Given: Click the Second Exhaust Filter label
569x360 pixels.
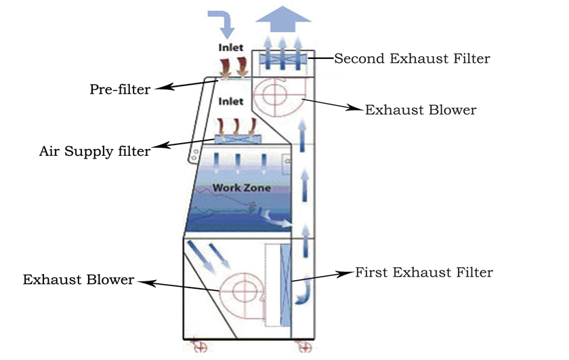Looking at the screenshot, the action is [x=412, y=58].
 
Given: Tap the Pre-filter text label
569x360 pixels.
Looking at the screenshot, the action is [x=120, y=89].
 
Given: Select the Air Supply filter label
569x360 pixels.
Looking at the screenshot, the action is [x=95, y=151].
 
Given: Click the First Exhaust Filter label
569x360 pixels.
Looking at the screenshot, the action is [x=424, y=272].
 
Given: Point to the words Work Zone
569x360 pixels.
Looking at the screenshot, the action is [x=242, y=188].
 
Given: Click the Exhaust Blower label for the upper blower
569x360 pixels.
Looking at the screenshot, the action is [x=421, y=110].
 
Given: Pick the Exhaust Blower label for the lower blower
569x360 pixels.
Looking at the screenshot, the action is [x=79, y=279].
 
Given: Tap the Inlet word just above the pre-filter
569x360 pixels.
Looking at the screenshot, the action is [x=231, y=47].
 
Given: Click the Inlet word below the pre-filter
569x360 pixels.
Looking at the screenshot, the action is [x=231, y=101].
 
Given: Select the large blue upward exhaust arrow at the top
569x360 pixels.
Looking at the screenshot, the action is [x=283, y=19].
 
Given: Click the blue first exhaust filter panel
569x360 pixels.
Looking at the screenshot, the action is [x=286, y=285].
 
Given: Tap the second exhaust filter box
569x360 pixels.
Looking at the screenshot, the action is [x=283, y=59].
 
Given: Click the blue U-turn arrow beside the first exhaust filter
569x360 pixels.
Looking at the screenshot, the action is [x=303, y=292].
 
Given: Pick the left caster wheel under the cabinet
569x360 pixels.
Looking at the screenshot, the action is [x=199, y=346].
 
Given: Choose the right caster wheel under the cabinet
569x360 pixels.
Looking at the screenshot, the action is [x=303, y=346].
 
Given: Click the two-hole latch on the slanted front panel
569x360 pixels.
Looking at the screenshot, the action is [x=194, y=155].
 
